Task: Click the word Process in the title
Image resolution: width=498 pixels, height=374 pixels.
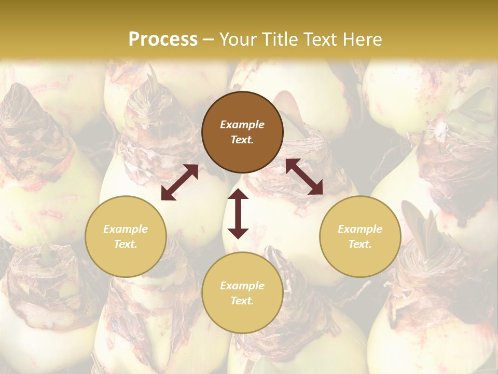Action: pos(163,39)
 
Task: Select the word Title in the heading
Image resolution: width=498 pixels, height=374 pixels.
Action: pos(283,39)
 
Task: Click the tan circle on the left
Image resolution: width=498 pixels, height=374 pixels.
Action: pos(126,236)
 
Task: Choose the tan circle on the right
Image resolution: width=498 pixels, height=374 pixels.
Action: pos(360,236)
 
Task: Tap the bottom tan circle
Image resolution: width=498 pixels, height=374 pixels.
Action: pos(242,293)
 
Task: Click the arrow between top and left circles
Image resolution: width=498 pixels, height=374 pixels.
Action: pos(179,182)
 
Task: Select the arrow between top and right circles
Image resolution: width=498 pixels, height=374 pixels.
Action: pos(304,177)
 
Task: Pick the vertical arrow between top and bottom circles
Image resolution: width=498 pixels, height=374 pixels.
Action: pos(238,213)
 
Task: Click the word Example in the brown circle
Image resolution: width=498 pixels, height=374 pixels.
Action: pos(242,125)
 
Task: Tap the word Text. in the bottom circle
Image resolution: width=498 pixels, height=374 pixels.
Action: pos(242,301)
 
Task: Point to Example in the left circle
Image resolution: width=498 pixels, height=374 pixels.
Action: pos(126,229)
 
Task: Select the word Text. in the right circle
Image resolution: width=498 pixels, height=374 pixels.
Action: pos(360,244)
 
